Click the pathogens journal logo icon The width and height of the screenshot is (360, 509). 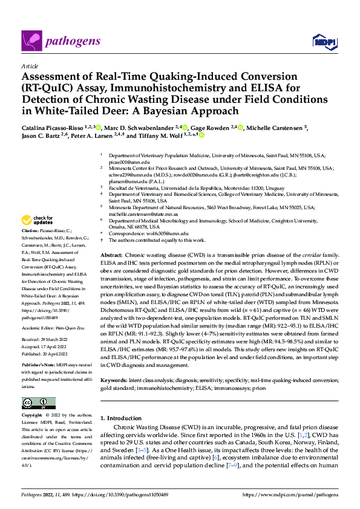pos(30,41)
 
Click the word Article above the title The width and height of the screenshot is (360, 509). pos(28,66)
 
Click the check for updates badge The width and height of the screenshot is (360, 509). pos(38,220)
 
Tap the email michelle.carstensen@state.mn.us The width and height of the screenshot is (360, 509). pos(140,213)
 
